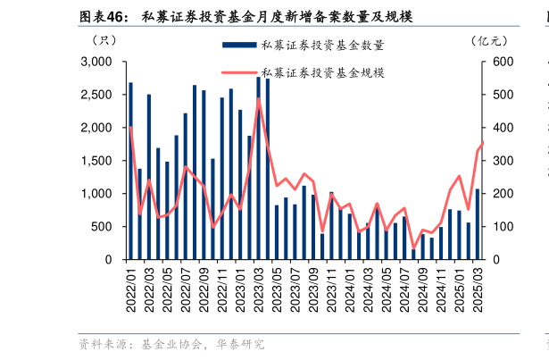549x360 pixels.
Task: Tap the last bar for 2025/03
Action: click(478, 224)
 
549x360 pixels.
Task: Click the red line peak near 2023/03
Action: click(259, 98)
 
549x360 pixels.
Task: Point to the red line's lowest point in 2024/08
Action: click(413, 248)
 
